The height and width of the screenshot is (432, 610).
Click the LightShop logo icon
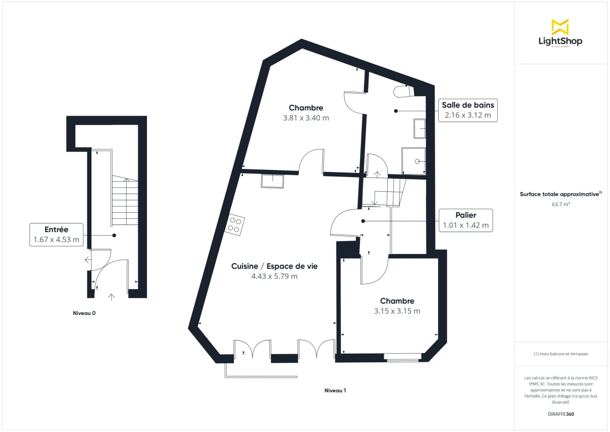(560, 27)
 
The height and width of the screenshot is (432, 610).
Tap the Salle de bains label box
(468, 110)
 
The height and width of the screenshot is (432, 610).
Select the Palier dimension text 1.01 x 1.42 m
(466, 225)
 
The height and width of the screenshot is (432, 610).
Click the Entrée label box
(56, 235)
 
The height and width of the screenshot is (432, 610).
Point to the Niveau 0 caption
(84, 313)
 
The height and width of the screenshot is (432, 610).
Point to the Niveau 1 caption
(335, 391)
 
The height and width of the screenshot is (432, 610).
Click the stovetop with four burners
(235, 224)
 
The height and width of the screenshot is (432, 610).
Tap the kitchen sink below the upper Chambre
(272, 181)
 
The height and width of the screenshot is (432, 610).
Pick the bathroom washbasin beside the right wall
(420, 129)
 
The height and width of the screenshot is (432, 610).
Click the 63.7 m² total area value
(560, 205)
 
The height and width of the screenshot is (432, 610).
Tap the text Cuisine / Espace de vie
(274, 266)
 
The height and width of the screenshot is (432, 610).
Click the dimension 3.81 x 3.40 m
(306, 118)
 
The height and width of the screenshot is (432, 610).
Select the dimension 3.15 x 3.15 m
(397, 311)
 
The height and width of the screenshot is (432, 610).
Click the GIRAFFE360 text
(560, 414)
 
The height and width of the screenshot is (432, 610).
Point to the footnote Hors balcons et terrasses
(561, 354)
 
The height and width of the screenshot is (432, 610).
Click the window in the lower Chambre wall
(403, 357)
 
